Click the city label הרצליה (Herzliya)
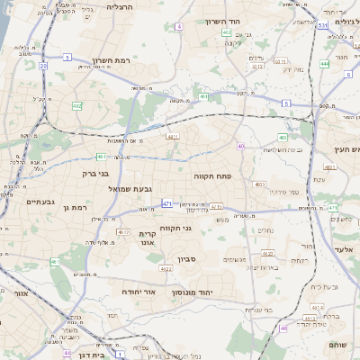pos(120,7)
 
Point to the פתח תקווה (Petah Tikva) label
pos(213,176)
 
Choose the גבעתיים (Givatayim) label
pos(35,202)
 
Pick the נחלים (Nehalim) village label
pos(266,230)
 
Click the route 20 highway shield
pos(43,66)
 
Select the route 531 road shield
pos(322,26)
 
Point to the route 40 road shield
pos(241,146)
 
